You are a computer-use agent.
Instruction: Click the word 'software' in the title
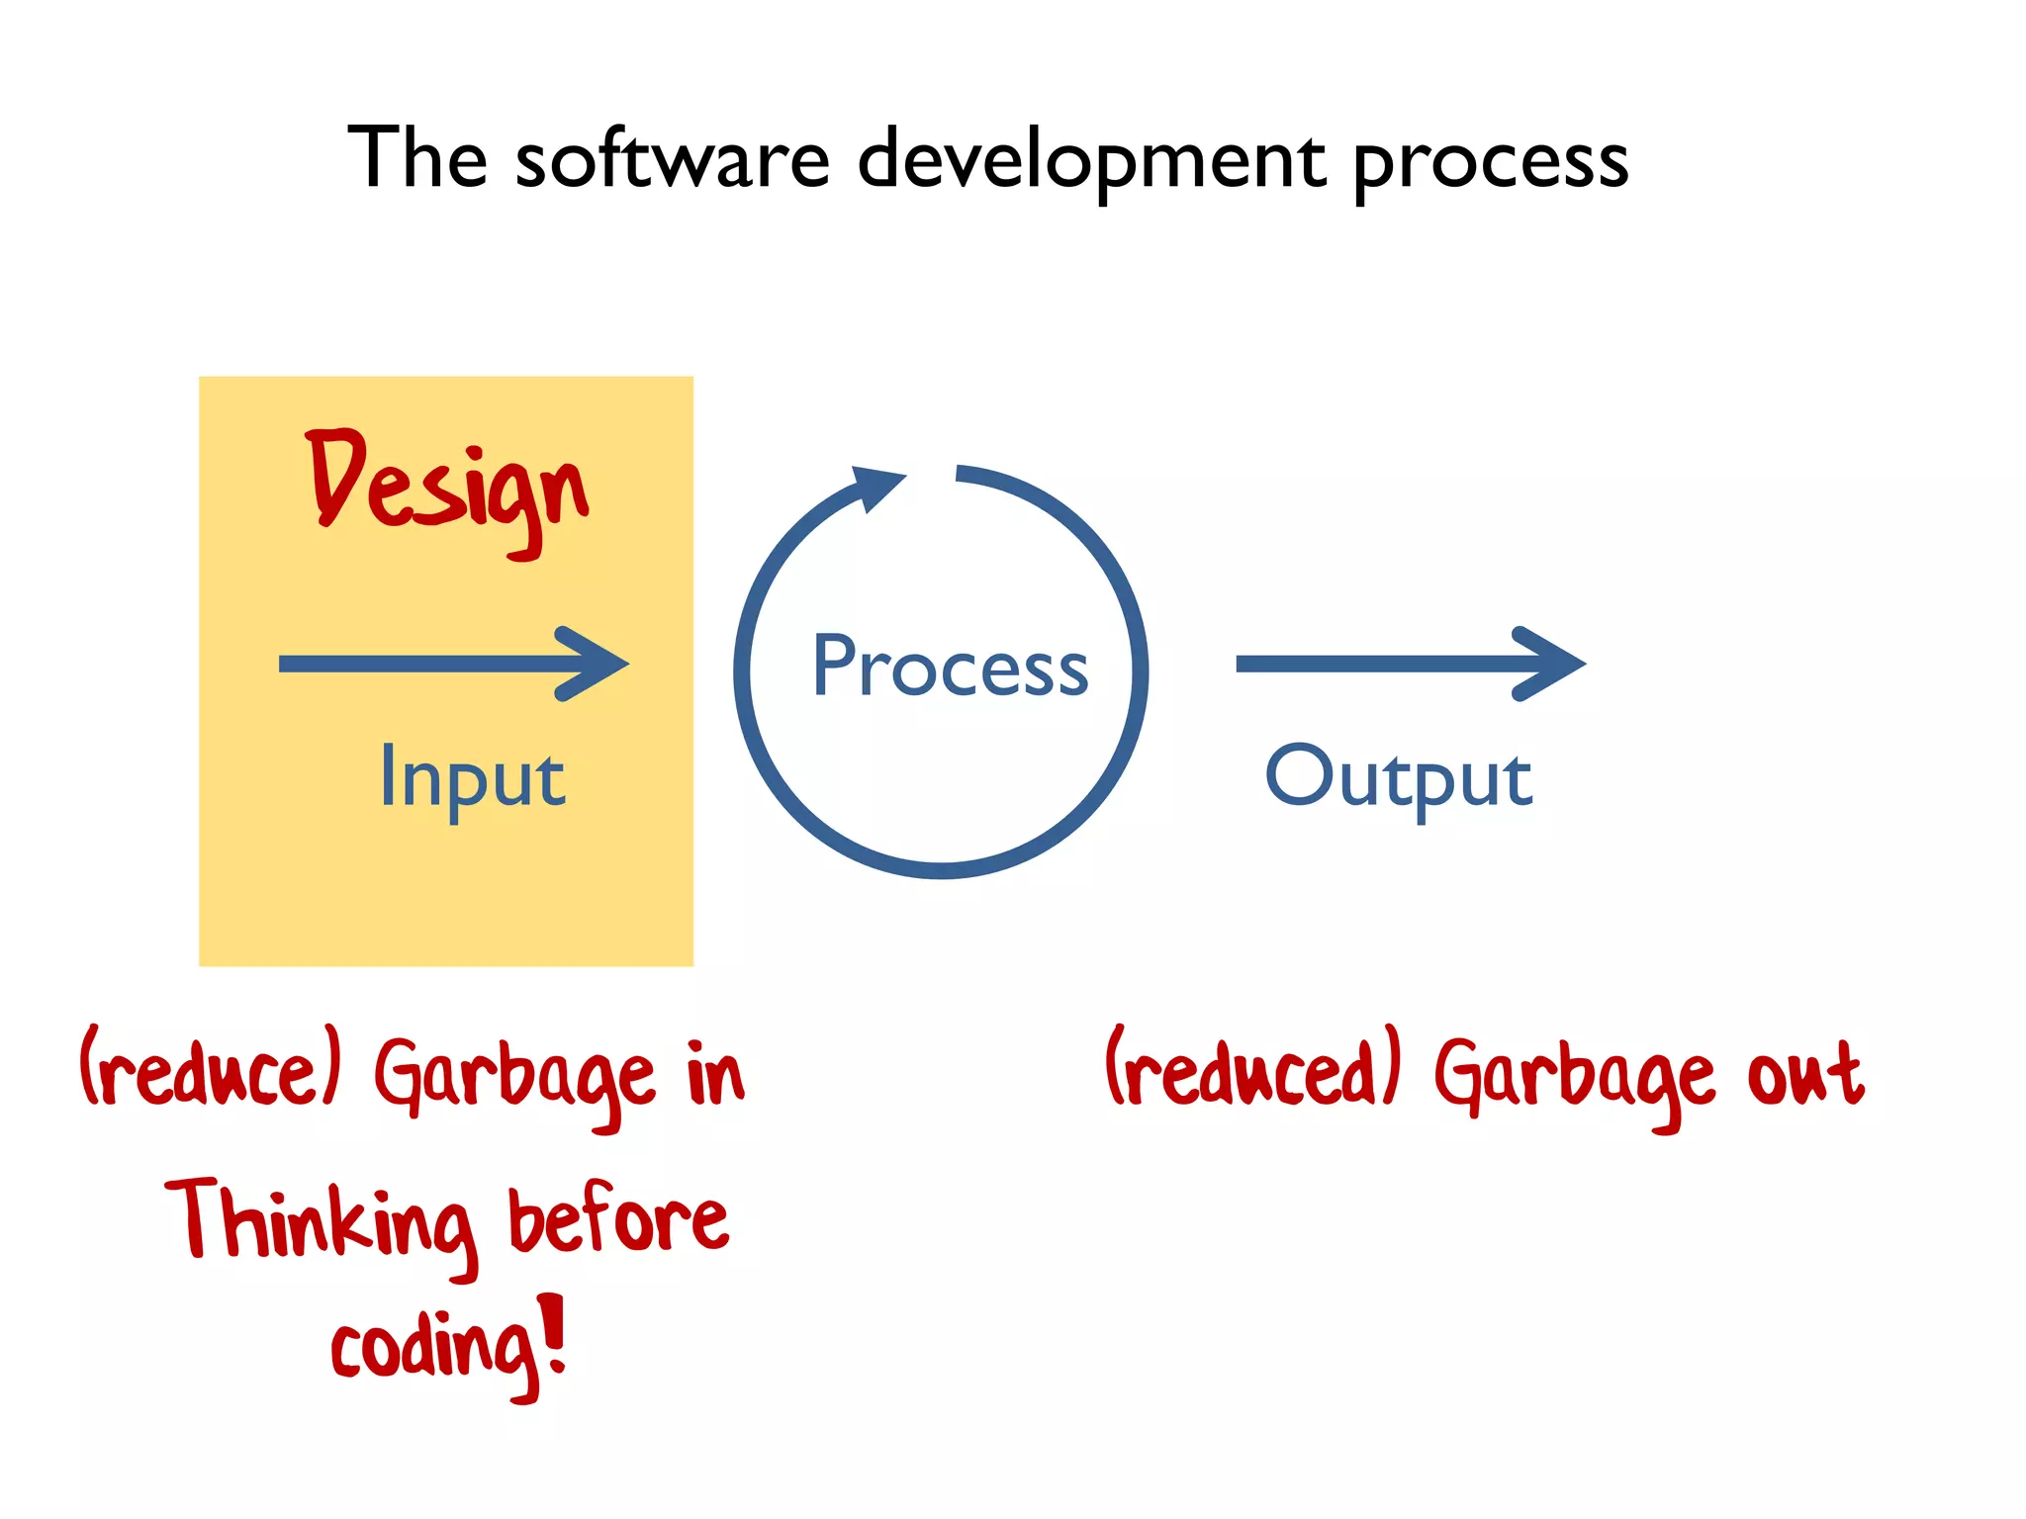[673, 160]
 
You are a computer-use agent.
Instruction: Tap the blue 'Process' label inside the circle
[950, 668]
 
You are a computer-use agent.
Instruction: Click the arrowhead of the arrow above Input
[594, 664]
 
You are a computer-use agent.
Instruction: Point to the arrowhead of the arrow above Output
[1550, 664]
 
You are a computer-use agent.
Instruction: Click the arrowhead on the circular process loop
[875, 486]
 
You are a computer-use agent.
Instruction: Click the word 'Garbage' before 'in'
[514, 1078]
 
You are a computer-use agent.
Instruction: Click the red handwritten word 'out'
[1805, 1074]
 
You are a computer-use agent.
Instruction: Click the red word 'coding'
[435, 1350]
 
